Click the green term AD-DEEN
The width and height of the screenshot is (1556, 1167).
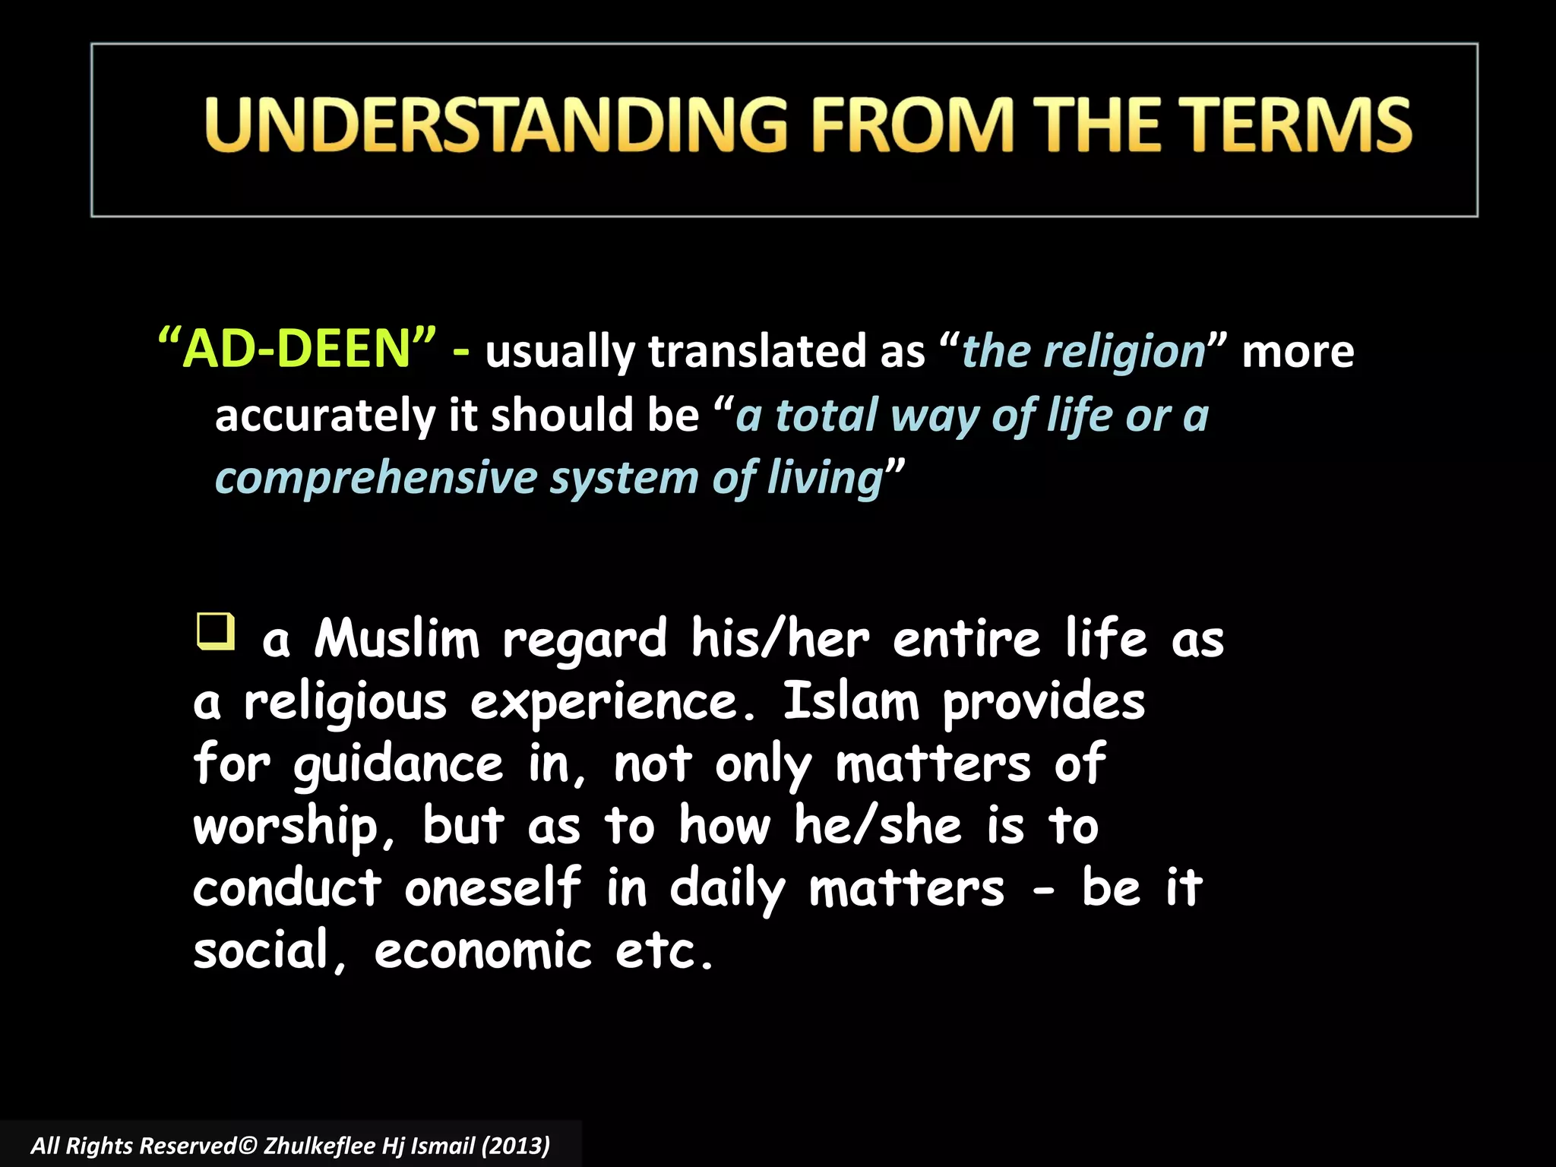(x=297, y=349)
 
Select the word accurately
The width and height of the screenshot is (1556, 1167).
(x=325, y=416)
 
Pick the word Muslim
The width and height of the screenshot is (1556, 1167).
(x=397, y=639)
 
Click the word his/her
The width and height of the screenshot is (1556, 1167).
(x=780, y=639)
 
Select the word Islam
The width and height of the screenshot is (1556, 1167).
(x=851, y=701)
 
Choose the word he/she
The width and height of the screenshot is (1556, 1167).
(x=878, y=826)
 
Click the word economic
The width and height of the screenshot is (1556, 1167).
(x=482, y=951)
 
